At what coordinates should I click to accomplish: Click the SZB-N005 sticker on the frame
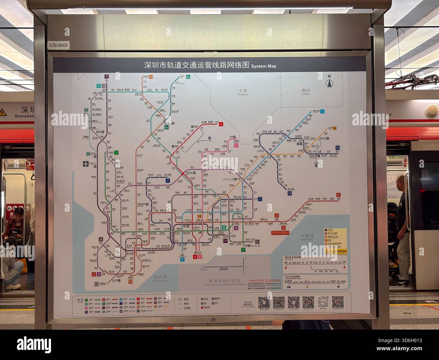pyautogui.click(x=58, y=45)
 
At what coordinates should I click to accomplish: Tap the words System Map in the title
pyautogui.click(x=263, y=66)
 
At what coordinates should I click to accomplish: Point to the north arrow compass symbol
pyautogui.click(x=329, y=81)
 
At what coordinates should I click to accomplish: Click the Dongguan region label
pyautogui.click(x=243, y=92)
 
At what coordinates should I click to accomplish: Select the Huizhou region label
pyautogui.click(x=306, y=91)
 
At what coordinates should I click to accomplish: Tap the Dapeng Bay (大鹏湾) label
pyautogui.click(x=308, y=236)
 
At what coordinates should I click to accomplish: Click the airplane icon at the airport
pyautogui.click(x=86, y=164)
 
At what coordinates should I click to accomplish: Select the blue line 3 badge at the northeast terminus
pyautogui.click(x=322, y=111)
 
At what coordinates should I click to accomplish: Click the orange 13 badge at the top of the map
pyautogui.click(x=151, y=77)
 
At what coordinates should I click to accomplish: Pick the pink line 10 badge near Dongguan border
pyautogui.click(x=236, y=145)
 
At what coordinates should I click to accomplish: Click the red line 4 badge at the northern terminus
pyautogui.click(x=221, y=124)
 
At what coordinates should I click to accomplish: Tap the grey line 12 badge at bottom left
pyautogui.click(x=97, y=284)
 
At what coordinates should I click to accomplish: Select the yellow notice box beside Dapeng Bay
pyautogui.click(x=336, y=241)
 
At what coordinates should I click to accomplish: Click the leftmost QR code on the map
pyautogui.click(x=264, y=302)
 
